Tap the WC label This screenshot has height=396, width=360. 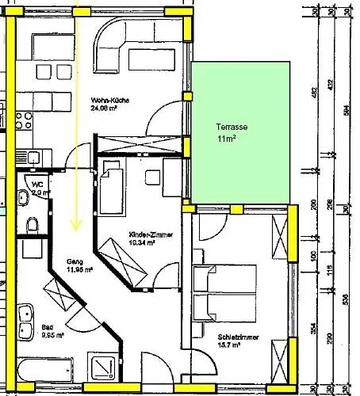coord(39,182)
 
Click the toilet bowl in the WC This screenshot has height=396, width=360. coord(32,225)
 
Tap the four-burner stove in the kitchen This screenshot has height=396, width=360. coord(23,125)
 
